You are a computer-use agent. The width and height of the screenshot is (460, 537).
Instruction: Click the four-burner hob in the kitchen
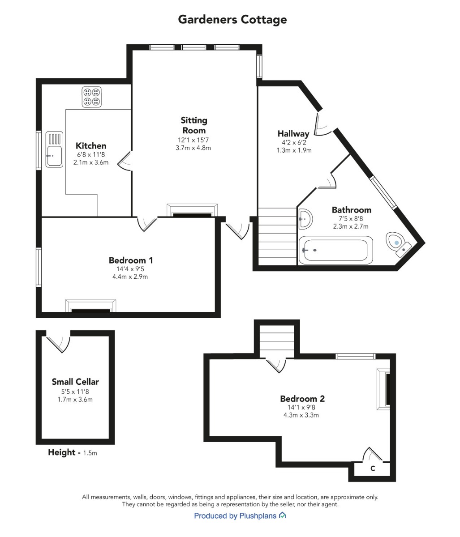(91, 97)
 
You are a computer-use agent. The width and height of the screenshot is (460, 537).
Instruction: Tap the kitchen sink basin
(54, 156)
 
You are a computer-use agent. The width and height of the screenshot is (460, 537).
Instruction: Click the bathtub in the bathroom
(335, 250)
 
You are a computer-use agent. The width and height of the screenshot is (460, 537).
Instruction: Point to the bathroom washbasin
(305, 219)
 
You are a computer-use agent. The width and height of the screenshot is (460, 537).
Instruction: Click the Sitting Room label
(194, 125)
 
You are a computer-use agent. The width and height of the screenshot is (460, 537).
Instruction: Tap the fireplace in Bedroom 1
(90, 306)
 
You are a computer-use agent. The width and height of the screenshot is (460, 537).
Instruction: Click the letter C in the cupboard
(373, 469)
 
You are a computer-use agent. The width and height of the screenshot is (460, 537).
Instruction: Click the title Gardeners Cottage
(232, 20)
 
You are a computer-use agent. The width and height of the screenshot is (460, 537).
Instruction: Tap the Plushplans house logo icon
(282, 515)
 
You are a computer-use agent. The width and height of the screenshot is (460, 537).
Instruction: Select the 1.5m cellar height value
(90, 453)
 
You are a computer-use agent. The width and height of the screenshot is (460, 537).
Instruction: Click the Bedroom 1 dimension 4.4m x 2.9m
(130, 277)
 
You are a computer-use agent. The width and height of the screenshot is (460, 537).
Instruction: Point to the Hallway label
(293, 133)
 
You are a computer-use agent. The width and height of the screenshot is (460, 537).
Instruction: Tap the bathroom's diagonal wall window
(384, 192)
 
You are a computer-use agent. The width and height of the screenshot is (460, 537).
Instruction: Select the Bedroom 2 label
(302, 399)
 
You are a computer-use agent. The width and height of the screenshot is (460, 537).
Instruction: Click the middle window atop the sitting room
(194, 47)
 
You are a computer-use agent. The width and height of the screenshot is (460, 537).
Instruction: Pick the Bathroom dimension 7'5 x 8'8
(351, 218)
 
